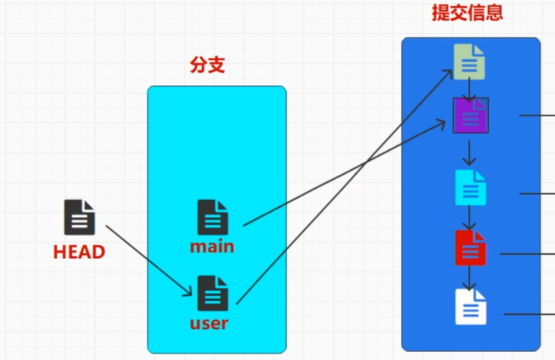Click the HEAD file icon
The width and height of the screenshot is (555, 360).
pyautogui.click(x=79, y=217)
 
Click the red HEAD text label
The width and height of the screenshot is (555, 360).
pyautogui.click(x=79, y=252)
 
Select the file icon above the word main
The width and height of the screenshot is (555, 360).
pyautogui.click(x=213, y=217)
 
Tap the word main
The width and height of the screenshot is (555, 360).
pyautogui.click(x=212, y=246)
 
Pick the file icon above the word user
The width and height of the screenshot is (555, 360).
pyautogui.click(x=213, y=292)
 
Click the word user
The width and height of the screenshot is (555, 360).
pyautogui.click(x=209, y=322)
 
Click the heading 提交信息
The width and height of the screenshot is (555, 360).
pyautogui.click(x=468, y=13)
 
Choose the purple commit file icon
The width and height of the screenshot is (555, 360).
pyautogui.click(x=470, y=115)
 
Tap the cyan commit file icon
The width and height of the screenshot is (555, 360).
pyautogui.click(x=470, y=187)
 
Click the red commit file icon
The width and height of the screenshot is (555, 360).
pyautogui.click(x=470, y=247)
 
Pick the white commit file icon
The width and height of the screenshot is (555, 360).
pyautogui.click(x=471, y=307)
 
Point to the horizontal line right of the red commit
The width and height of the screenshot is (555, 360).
pyautogui.click(x=527, y=253)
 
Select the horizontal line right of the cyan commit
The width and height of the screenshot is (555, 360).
pyautogui.click(x=537, y=193)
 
